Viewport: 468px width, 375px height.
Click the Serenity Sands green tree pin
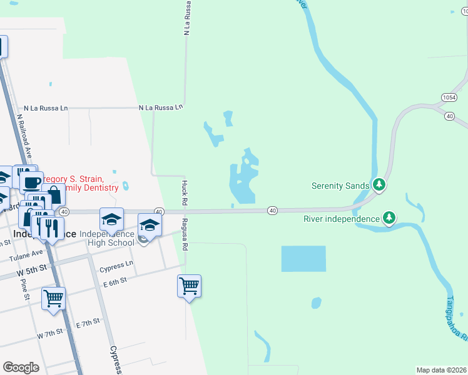[378, 185]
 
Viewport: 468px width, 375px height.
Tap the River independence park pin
[389, 218]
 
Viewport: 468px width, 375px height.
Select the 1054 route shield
[448, 97]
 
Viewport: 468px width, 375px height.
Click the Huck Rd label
[184, 193]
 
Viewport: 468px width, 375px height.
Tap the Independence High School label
[107, 238]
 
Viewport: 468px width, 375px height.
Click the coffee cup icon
[31, 182]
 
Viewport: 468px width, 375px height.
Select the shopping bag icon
[54, 195]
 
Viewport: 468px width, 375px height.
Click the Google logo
[21, 367]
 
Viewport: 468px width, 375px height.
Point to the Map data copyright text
[441, 370]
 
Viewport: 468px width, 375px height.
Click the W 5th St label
[32, 269]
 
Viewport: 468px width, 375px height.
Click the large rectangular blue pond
[303, 258]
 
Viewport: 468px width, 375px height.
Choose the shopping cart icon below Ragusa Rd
[189, 286]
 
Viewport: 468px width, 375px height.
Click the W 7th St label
[50, 334]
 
